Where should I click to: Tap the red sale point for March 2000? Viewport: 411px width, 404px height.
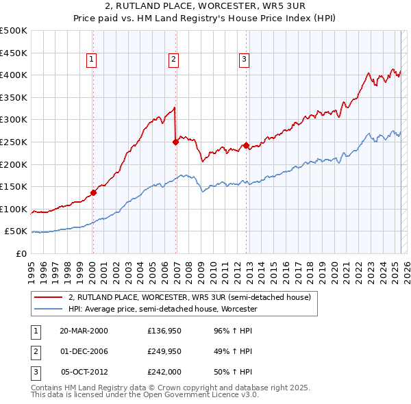pyautogui.click(x=94, y=192)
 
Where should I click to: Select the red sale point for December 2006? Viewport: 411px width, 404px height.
pyautogui.click(x=175, y=142)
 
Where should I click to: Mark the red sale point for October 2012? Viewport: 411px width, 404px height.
pyautogui.click(x=245, y=145)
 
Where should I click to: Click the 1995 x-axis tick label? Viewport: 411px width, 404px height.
pyautogui.click(x=31, y=266)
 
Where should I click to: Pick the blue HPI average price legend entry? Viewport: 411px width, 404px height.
pyautogui.click(x=162, y=310)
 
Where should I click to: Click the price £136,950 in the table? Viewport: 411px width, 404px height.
pyautogui.click(x=164, y=331)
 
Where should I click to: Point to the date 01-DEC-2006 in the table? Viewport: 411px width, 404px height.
pyautogui.click(x=83, y=352)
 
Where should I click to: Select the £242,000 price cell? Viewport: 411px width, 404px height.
pyautogui.click(x=164, y=373)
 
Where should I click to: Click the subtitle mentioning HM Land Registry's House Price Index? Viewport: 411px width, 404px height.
pyautogui.click(x=206, y=22)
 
